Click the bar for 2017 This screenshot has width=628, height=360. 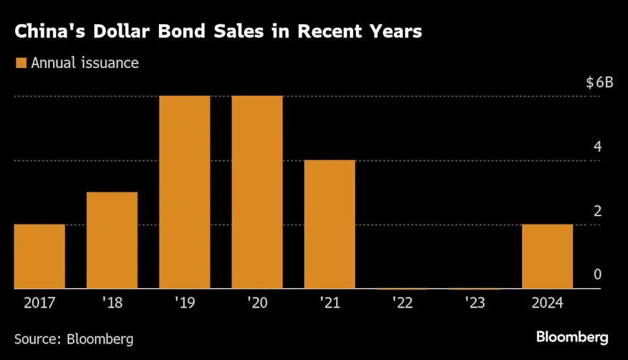point(39,256)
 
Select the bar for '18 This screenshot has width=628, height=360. point(112,240)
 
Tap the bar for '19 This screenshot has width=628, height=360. point(184,192)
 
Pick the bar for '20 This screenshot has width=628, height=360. point(257,192)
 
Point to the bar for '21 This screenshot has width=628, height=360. point(330,224)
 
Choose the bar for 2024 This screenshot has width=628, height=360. point(548,256)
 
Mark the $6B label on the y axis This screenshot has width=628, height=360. point(599,83)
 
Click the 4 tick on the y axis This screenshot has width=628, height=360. point(597,147)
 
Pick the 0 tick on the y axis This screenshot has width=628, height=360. point(597,274)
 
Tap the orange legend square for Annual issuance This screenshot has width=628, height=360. point(20,63)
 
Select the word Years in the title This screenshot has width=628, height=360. point(390,31)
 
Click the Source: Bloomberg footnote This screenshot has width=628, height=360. point(74,338)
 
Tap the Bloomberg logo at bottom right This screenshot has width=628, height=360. point(572,338)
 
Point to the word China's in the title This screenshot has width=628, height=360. point(46,31)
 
